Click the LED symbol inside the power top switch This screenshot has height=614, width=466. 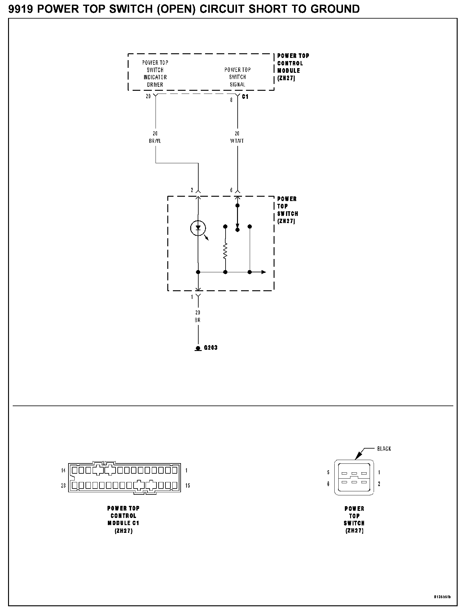(x=198, y=228)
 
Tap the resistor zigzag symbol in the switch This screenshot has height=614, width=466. (x=225, y=251)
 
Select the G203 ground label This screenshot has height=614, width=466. (x=211, y=348)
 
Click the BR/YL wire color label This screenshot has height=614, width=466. (x=155, y=141)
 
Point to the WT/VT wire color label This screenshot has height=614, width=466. (x=237, y=141)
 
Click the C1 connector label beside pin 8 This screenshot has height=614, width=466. (x=245, y=97)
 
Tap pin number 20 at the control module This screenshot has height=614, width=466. (x=148, y=96)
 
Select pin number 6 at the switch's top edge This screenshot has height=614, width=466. (x=231, y=190)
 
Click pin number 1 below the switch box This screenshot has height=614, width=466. (x=192, y=297)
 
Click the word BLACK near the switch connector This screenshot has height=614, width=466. (x=384, y=449)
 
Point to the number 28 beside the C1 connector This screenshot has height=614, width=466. (x=64, y=485)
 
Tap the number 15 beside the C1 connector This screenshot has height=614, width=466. (x=188, y=485)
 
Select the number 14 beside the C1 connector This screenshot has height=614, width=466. (x=64, y=471)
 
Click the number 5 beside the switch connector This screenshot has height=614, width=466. (x=328, y=473)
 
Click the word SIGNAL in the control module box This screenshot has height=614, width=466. (x=237, y=84)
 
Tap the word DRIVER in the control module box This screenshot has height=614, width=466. (x=155, y=85)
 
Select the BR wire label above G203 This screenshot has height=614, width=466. (x=198, y=320)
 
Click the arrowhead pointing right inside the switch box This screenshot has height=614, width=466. (x=263, y=272)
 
